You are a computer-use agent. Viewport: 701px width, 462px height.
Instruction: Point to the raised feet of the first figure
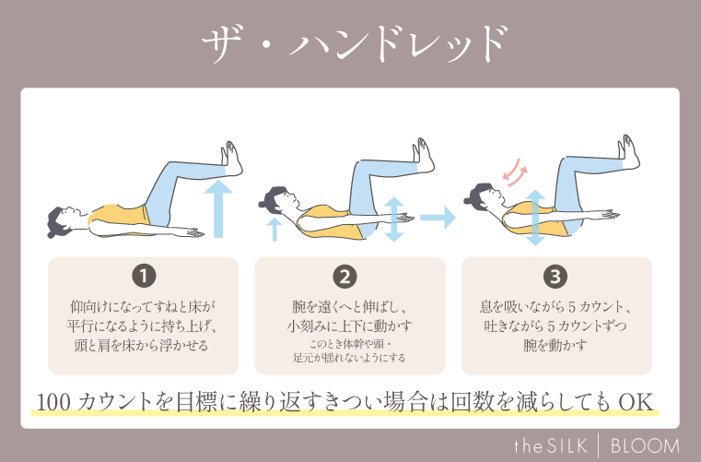point(230,157)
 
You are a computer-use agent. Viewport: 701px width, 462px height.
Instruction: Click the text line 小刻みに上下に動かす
point(349,326)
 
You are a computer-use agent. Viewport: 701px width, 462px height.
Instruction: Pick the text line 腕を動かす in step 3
point(555,346)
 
